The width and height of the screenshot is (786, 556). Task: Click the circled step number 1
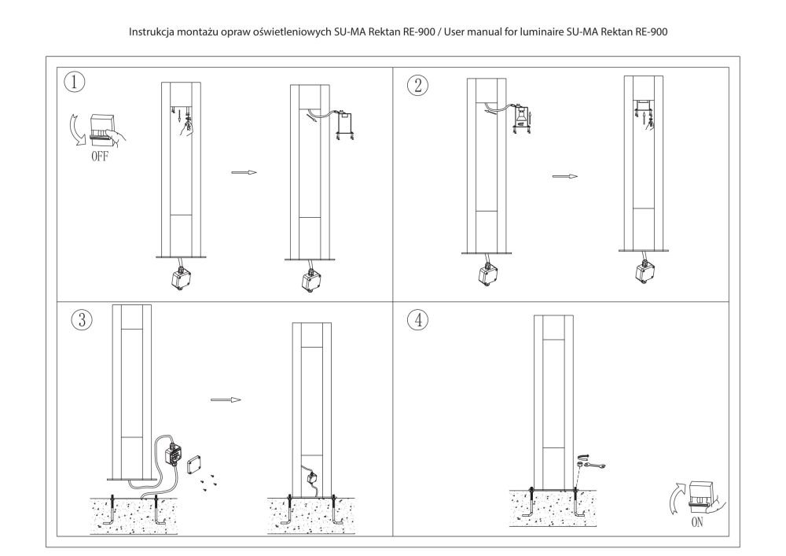point(74,81)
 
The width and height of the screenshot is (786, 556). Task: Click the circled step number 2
point(417,85)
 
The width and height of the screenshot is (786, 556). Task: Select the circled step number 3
point(83,319)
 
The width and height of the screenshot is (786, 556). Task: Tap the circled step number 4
point(418,319)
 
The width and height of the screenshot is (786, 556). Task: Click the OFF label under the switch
point(99,156)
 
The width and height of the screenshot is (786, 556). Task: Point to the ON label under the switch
point(696,522)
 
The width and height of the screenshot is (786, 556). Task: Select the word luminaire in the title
point(542,32)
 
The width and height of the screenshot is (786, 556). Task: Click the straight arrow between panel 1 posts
point(244,172)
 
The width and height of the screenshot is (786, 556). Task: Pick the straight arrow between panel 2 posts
point(565,176)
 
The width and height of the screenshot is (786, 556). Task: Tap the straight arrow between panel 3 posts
point(226,400)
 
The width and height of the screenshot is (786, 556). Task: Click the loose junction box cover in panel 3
point(194,465)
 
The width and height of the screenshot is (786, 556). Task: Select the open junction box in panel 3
point(173,455)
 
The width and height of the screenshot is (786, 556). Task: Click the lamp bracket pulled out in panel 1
point(345,124)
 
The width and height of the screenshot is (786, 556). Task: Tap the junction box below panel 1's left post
point(181,276)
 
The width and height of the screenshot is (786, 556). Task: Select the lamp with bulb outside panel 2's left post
point(521,120)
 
